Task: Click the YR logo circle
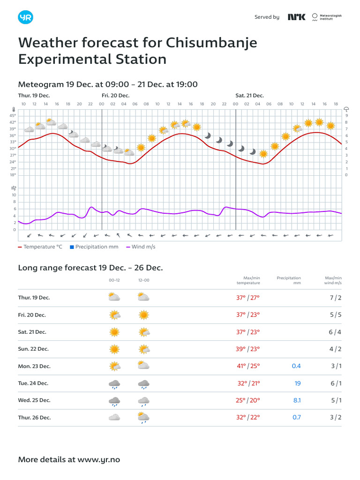pos(25,17)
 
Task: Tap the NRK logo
pos(296,17)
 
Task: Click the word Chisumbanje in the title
pos(211,43)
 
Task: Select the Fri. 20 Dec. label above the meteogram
pos(115,96)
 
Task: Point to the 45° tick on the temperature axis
pos(13,115)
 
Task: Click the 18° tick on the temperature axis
pos(13,175)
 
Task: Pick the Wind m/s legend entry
pos(141,247)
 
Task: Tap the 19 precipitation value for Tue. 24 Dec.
pos(298,383)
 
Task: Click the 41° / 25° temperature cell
pos(248,366)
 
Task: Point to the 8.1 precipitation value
pos(297,400)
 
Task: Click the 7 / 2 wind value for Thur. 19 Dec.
pos(336,298)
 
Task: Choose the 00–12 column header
pos(114,280)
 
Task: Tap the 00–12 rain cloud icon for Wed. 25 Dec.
pos(114,401)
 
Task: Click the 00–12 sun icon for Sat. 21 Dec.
pos(114,332)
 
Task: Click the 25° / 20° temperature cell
pos(248,400)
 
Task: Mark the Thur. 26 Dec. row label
pos(34,417)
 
